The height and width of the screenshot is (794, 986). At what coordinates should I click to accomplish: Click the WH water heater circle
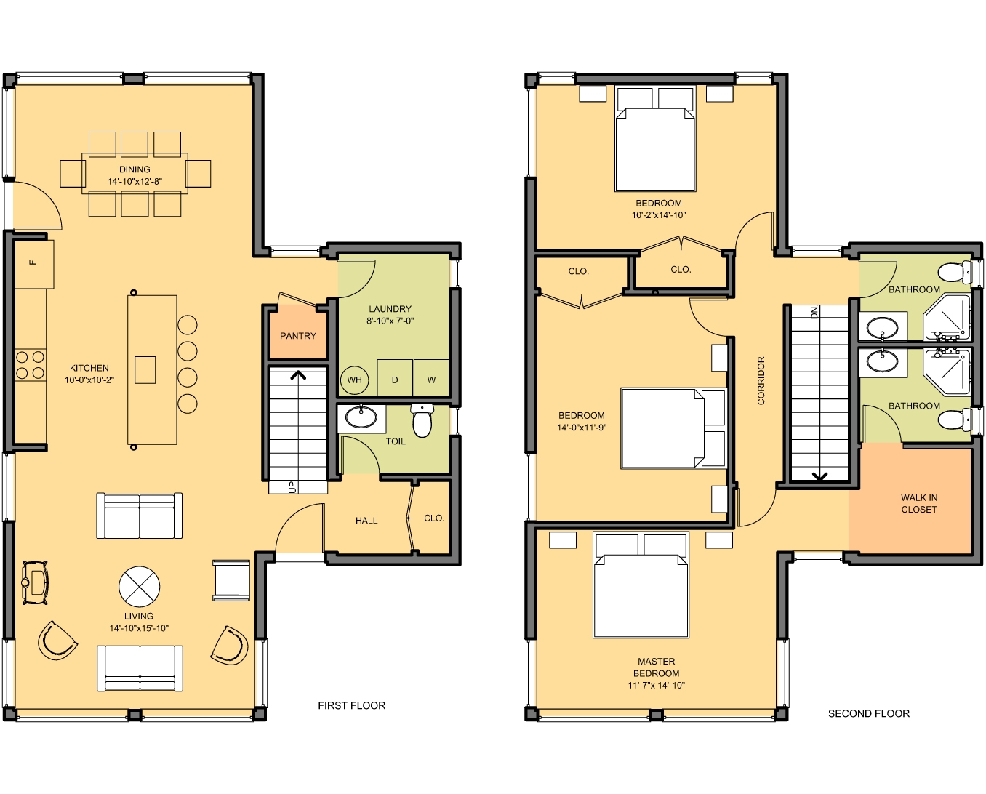pos(354,380)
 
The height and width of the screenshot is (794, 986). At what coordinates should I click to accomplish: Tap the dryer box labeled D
pos(395,379)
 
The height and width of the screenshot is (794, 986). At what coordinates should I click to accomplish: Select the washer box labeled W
pos(431,379)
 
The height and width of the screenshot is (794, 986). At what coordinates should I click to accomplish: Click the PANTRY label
pos(298,336)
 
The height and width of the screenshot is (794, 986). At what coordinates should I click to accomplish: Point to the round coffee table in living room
pos(139,587)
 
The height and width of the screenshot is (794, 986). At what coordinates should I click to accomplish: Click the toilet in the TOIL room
pos(422,420)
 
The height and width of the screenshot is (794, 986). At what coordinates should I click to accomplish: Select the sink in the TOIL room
pos(361,417)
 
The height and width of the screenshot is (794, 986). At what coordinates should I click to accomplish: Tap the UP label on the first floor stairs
pos(292,486)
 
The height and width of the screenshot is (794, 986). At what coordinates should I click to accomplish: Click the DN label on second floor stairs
pos(814,312)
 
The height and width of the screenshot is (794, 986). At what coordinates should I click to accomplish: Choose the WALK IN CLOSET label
pos(919,503)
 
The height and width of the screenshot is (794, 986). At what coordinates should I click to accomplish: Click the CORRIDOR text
pos(761,380)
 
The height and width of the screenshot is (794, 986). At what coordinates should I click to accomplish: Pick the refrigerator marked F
pos(33,262)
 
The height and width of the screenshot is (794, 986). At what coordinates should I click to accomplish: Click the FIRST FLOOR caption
pos(351,705)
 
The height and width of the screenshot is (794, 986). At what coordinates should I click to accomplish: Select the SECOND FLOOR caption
pos(868,713)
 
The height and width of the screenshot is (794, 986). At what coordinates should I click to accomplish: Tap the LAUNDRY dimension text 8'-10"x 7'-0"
pos(390,321)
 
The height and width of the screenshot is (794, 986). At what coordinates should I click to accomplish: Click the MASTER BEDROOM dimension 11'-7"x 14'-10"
pos(656,685)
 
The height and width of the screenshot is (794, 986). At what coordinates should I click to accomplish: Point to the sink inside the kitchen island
pos(145,369)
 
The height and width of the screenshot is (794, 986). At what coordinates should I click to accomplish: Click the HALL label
pos(366,521)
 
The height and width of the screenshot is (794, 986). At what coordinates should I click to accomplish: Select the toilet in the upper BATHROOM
pos(954,273)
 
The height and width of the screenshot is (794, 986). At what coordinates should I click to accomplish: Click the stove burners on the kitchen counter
pos(30,365)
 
